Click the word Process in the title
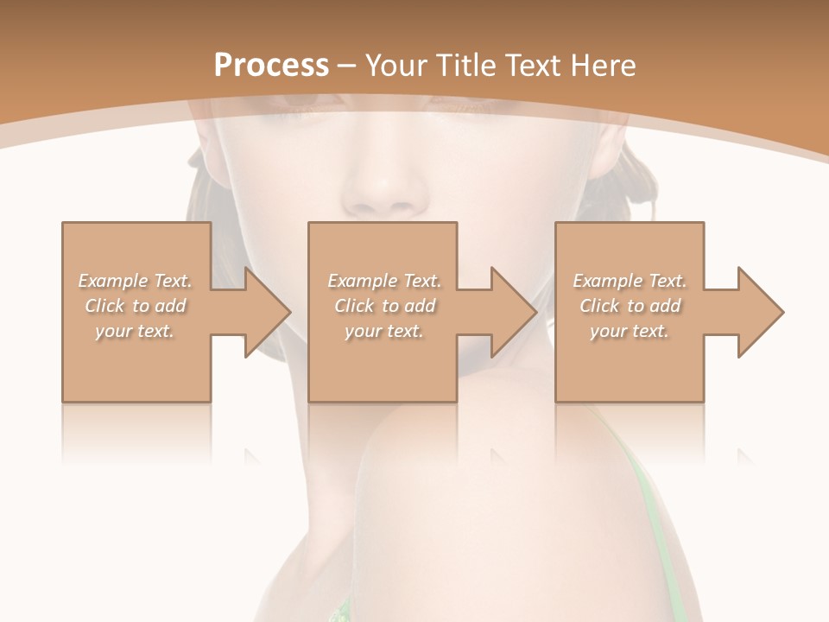tap(271, 66)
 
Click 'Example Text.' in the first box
tap(135, 281)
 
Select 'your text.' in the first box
tap(135, 331)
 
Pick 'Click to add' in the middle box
tap(384, 306)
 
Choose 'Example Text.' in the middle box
tap(384, 281)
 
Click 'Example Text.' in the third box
tap(630, 281)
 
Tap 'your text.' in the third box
tap(630, 331)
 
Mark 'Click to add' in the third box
tap(630, 306)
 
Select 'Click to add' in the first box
tap(135, 306)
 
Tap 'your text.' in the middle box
tap(384, 331)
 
